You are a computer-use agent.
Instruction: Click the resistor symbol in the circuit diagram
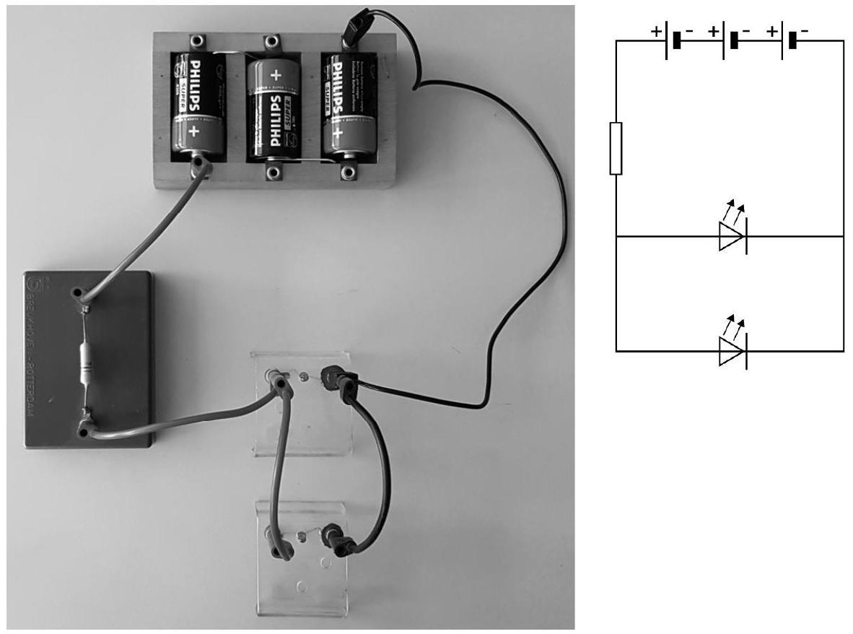coord(616,149)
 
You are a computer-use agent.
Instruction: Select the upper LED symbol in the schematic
coord(732,236)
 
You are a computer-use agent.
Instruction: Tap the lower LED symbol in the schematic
coord(732,352)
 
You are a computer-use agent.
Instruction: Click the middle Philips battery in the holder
coord(272,108)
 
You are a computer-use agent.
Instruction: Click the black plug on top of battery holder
coord(356,32)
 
